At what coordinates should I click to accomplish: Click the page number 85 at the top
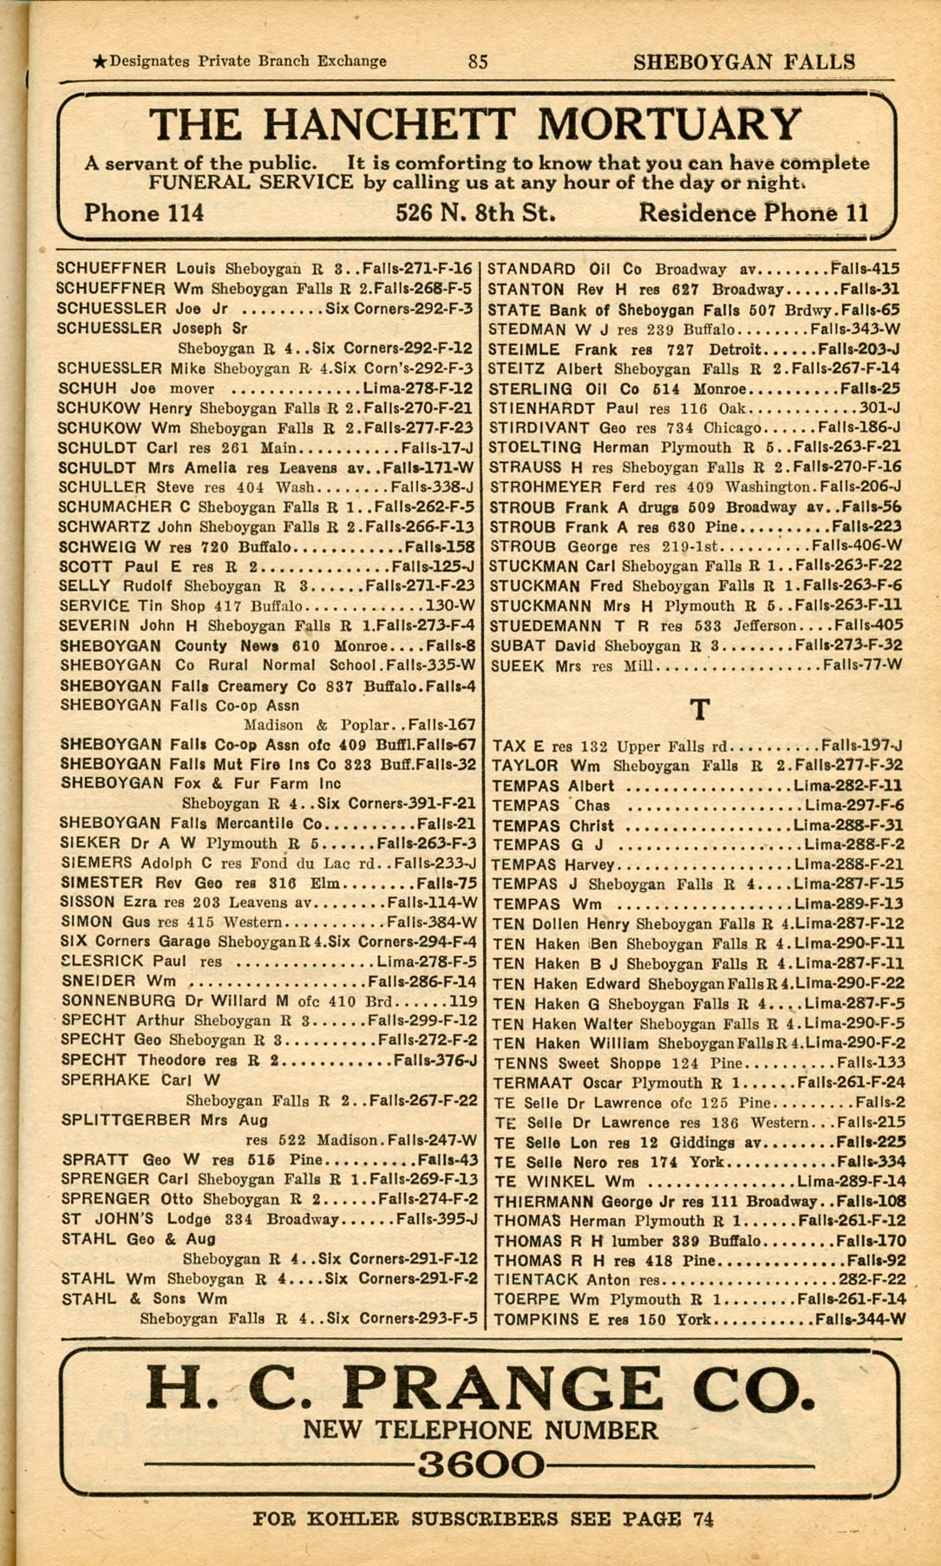point(478,62)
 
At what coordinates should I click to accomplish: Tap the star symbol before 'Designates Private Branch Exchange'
point(100,62)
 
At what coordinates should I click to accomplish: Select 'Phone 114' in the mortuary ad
point(144,213)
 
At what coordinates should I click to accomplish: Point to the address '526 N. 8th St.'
point(475,213)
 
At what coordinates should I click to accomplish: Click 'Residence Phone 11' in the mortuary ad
point(753,213)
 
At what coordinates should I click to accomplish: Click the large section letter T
point(699,710)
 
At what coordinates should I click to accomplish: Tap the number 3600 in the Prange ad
point(480,1465)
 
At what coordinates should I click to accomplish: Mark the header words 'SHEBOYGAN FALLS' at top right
point(744,62)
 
